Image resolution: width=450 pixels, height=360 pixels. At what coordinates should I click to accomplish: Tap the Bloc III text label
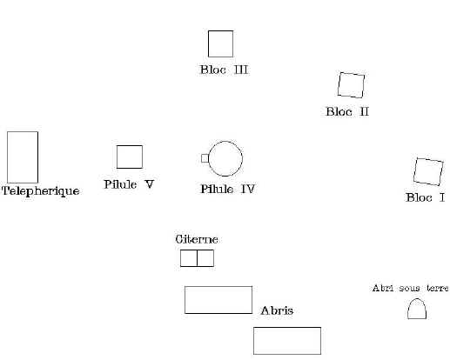[224, 70]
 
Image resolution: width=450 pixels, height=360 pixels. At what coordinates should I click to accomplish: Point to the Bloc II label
[347, 111]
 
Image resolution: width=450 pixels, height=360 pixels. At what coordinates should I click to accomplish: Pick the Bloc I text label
[425, 197]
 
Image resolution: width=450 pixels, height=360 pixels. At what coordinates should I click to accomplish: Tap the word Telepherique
[41, 191]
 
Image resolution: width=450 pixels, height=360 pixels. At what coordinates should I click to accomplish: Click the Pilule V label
[129, 184]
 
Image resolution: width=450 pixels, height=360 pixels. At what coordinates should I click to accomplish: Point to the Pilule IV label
[227, 189]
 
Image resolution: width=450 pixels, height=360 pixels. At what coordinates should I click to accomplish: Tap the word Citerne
[197, 239]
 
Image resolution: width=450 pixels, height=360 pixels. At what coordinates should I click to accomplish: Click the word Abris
[277, 310]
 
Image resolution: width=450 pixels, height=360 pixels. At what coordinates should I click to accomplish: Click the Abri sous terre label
[410, 288]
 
